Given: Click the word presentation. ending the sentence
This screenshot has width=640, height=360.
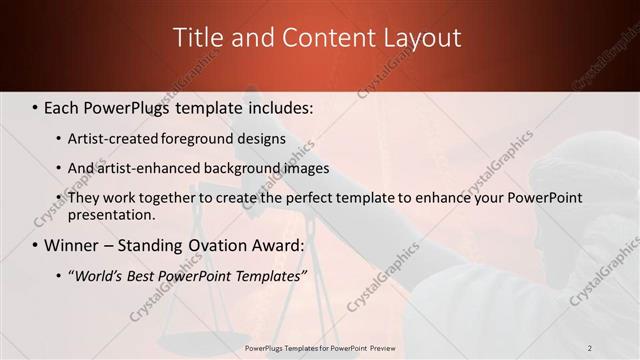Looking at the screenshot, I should [x=111, y=214].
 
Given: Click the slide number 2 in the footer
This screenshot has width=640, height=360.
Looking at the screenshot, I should [x=590, y=347].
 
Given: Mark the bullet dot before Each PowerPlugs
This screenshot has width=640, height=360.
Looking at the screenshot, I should [x=36, y=106].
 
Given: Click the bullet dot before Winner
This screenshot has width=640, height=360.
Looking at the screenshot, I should [x=36, y=245].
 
